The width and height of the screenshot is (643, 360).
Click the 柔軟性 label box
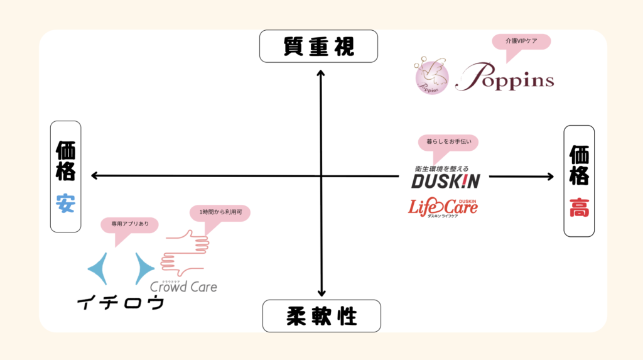pos(321,315)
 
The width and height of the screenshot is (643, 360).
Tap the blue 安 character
pos(65,204)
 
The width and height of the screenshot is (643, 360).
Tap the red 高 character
pos(579,207)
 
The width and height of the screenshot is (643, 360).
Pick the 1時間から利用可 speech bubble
pos(220,213)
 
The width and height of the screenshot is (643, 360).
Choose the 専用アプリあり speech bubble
pos(129,224)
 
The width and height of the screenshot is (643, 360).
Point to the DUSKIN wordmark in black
pos(445,182)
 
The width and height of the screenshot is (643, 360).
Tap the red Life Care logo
pos(443,206)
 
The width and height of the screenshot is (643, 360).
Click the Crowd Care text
pos(183,286)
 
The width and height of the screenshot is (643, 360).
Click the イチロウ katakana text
pos(121,303)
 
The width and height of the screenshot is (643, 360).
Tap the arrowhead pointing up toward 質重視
pos(321,73)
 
